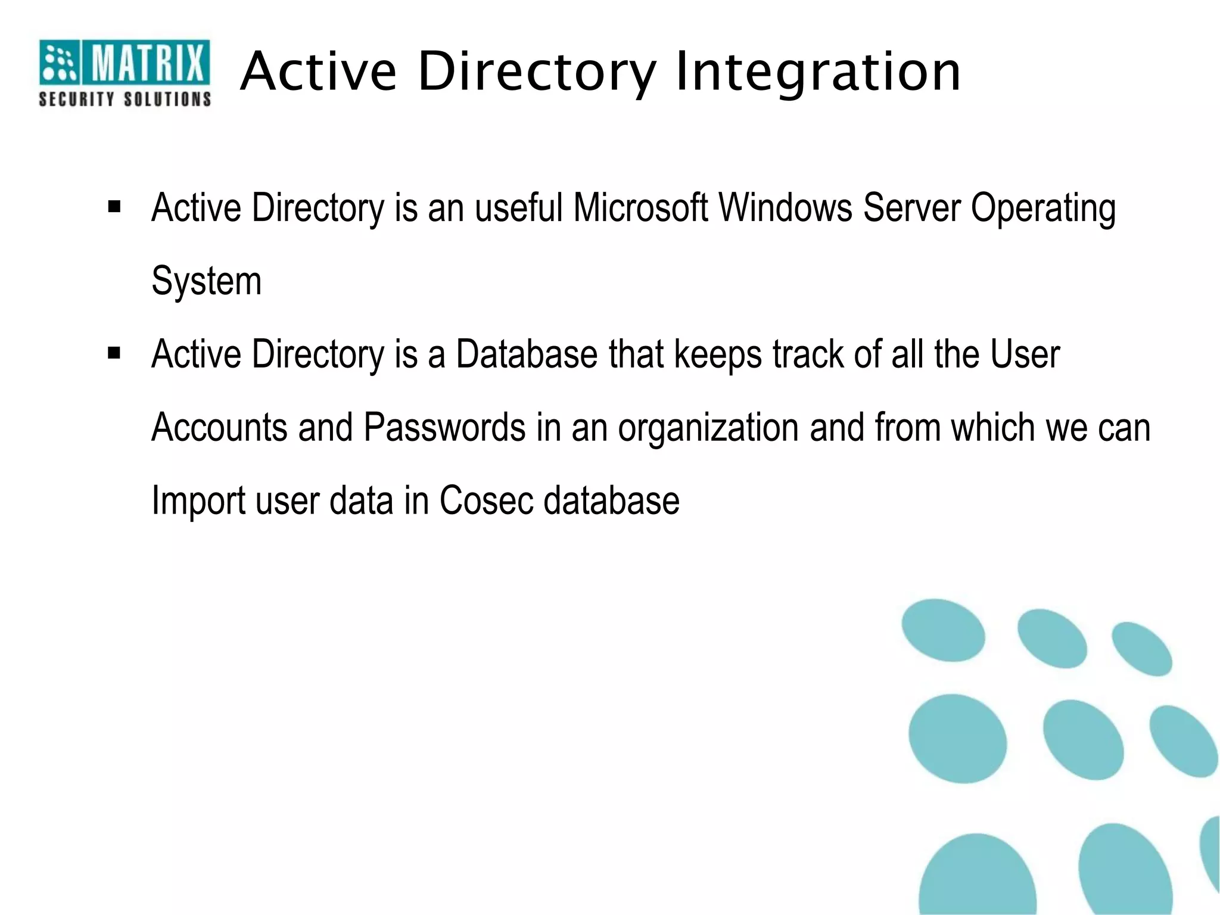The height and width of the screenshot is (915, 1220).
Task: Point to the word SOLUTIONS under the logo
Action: point(167,99)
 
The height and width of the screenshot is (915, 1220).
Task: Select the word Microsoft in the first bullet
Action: point(640,208)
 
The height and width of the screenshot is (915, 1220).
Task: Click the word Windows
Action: point(785,208)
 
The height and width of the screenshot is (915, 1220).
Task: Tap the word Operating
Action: point(1043,209)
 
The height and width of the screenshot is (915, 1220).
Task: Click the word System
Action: point(206,281)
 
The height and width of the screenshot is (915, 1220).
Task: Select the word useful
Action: point(518,208)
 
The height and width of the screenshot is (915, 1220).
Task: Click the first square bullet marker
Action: point(114,207)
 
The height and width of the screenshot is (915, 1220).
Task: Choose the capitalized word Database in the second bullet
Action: point(527,354)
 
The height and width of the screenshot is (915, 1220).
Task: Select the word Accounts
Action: point(219,427)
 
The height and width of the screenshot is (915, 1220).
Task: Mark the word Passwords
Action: point(444,427)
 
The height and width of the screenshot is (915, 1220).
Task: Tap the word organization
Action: point(708,428)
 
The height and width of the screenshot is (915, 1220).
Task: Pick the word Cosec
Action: point(485,500)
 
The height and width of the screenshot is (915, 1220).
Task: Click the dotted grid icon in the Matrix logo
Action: point(59,62)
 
